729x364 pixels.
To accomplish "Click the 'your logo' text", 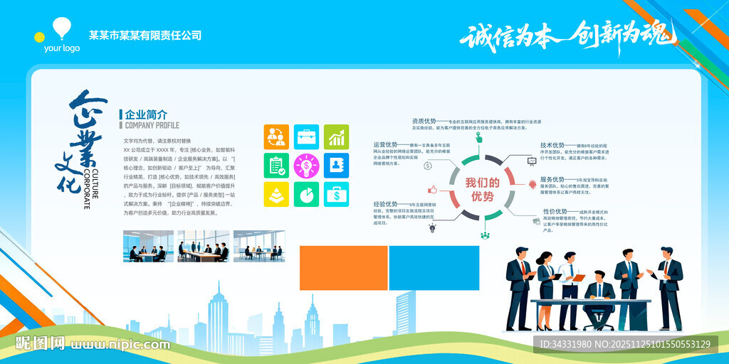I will tap(62, 48).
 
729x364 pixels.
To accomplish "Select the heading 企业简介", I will tap(146, 114).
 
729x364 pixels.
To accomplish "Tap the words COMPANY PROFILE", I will tap(152, 125).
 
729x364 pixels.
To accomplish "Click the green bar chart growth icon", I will tap(336, 136).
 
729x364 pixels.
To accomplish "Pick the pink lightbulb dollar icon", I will tap(306, 166).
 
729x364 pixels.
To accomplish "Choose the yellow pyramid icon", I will tap(276, 194).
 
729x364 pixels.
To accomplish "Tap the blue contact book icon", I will tap(336, 166).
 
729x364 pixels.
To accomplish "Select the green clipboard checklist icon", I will tap(276, 166).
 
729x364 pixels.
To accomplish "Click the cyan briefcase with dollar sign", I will tap(336, 194).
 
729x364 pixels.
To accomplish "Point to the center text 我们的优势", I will tap(482, 189).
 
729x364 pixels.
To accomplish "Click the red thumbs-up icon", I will tap(431, 190).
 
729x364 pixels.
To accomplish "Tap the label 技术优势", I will tap(552, 145).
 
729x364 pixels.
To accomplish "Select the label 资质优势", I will tap(424, 121).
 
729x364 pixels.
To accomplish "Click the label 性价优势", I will tap(555, 211).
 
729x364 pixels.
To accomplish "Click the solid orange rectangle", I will tap(343, 269).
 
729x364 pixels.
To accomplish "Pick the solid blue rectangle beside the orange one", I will tap(434, 269).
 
